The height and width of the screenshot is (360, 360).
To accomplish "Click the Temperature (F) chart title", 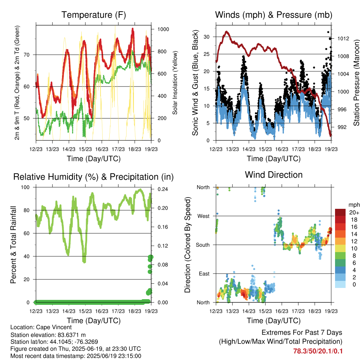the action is tap(94, 15).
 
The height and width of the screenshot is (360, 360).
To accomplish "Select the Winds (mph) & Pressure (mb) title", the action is tap(274, 15).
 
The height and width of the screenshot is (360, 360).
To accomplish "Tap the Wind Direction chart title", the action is tap(274, 175).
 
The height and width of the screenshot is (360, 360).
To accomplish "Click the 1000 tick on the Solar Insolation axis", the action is tap(163, 29).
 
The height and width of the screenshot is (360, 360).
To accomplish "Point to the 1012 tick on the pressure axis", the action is tap(343, 39).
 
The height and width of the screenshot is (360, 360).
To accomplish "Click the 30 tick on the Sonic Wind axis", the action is tap(206, 37).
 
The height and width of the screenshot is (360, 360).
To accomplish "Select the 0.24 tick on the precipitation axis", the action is tap(163, 189).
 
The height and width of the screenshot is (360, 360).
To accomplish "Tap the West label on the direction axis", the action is tap(204, 216).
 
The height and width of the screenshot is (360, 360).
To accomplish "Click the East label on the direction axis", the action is tap(204, 274).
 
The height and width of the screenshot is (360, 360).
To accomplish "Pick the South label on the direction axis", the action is tap(203, 245).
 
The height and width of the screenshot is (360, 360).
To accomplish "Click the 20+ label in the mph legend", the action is tap(354, 212).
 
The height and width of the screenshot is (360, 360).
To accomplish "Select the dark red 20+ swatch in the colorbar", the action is tap(340, 212).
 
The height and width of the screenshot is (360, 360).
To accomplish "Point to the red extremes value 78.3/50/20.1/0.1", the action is tap(318, 351).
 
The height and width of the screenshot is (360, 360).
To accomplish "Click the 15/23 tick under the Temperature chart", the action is tap(85, 149).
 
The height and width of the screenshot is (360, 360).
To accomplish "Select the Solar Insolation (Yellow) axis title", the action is tap(175, 83).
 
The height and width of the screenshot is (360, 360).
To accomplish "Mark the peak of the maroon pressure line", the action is tap(227, 31).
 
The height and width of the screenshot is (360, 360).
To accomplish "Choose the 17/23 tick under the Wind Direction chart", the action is tap(298, 311).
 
